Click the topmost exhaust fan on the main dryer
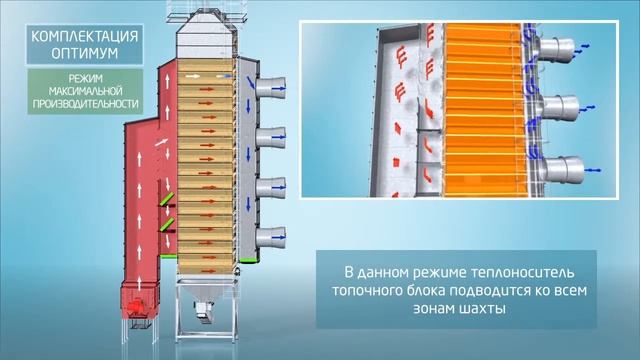[269, 88]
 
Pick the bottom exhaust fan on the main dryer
[269, 237]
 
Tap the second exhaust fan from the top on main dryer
[269, 137]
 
